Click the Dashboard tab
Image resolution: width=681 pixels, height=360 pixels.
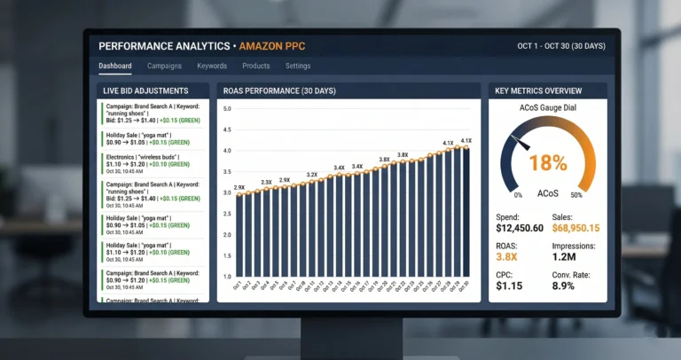115,66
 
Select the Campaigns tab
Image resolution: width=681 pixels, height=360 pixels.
164,66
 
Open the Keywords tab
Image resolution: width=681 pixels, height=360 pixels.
212,66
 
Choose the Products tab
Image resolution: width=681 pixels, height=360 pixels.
256,66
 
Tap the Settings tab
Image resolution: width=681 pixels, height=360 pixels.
298,66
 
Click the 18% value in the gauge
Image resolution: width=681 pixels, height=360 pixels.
547,162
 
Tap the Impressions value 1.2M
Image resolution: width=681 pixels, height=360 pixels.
565,258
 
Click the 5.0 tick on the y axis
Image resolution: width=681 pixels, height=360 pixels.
227,109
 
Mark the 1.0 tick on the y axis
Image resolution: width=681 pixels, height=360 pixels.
227,278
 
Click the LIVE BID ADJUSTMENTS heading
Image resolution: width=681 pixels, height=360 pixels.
145,90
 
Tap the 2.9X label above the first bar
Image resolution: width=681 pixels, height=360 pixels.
239,188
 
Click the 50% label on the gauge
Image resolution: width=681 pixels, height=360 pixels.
575,195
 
